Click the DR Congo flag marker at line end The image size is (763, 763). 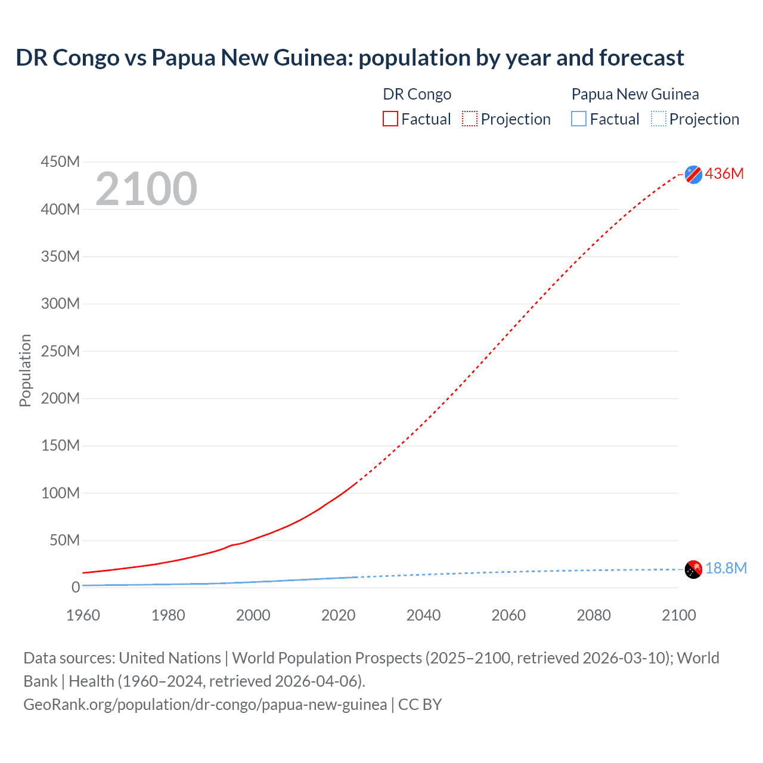[693, 174]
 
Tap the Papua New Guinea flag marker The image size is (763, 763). [693, 569]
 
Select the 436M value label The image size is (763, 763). [724, 173]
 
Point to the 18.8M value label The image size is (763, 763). [725, 568]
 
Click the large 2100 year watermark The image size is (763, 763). [146, 189]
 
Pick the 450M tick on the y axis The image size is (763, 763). [60, 162]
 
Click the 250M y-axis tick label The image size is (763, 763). [60, 351]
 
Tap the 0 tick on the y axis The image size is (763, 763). [75, 587]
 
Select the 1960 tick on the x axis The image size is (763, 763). [83, 615]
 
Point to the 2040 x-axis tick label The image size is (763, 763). [423, 615]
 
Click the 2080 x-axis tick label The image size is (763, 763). [593, 615]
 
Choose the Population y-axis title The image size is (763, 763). [25, 370]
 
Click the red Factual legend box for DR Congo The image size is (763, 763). [390, 119]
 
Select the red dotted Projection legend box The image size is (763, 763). [470, 119]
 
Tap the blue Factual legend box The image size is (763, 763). [579, 119]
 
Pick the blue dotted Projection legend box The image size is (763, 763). [659, 119]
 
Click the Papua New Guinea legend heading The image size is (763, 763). [635, 94]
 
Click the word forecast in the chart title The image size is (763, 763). [641, 58]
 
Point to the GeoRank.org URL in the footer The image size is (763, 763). [205, 705]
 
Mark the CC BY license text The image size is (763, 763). [420, 705]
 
